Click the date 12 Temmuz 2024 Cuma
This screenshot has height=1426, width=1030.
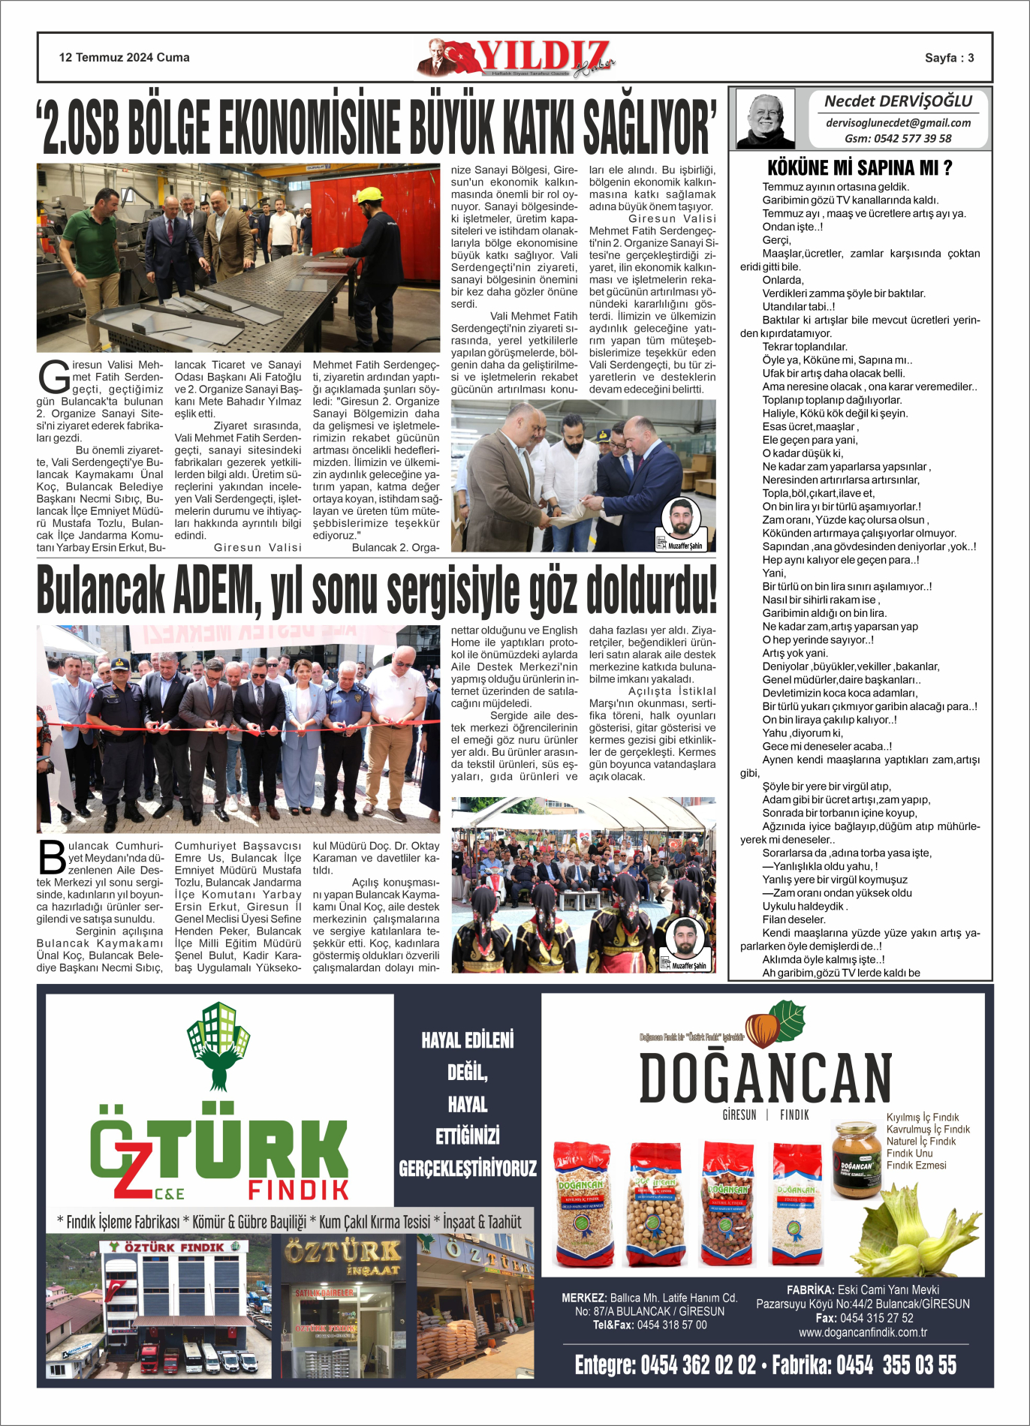tap(125, 58)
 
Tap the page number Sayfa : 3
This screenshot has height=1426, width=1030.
tap(949, 58)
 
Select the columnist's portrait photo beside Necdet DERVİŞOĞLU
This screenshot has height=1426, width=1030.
tap(765, 119)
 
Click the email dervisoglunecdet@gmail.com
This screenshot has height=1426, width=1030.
tap(898, 123)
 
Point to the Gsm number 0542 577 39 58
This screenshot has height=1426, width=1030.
tap(898, 139)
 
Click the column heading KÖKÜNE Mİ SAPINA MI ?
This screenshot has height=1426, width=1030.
tap(860, 167)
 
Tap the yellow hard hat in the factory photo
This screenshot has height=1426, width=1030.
tap(369, 195)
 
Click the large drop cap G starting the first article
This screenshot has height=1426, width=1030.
tap(54, 378)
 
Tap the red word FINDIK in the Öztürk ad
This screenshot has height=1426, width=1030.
tap(298, 1190)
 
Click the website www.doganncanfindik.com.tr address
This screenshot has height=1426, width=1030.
tap(863, 1332)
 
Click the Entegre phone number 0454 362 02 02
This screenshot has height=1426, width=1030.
tap(665, 1364)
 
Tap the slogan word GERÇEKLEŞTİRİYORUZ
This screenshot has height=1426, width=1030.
tap(468, 1169)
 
